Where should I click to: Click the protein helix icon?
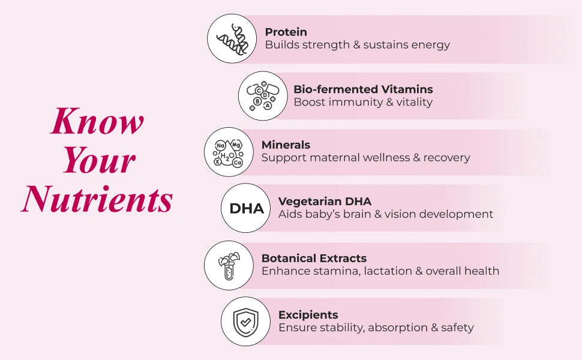click(x=232, y=38)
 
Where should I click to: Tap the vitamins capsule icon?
click(x=263, y=96)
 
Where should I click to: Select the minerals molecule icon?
click(x=229, y=152)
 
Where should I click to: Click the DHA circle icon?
click(x=246, y=208)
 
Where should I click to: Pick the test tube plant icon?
click(x=229, y=265)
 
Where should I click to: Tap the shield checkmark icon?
click(x=246, y=322)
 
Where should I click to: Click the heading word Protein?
click(x=286, y=32)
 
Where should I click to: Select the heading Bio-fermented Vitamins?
click(x=363, y=89)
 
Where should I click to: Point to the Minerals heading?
click(x=286, y=145)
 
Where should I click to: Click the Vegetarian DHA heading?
click(x=325, y=201)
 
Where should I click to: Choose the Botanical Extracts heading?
click(x=314, y=258)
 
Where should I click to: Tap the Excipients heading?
click(x=308, y=315)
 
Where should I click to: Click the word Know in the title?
click(x=97, y=121)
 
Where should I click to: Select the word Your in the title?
click(x=100, y=160)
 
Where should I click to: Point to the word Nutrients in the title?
click(x=97, y=199)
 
